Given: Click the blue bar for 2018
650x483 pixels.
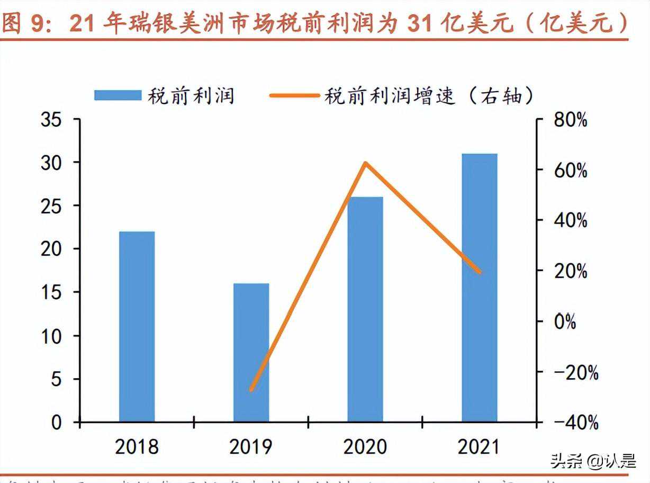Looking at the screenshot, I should point(137,326).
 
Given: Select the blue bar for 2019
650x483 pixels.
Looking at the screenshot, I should point(251,352).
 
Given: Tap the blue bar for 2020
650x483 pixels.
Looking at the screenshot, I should point(365,309).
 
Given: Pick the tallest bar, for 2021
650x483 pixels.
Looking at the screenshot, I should point(480,288).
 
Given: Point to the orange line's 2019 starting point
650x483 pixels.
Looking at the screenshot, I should point(251,390).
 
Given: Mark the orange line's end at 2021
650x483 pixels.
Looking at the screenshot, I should point(480,272).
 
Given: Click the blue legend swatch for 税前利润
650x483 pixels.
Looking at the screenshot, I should point(118,95).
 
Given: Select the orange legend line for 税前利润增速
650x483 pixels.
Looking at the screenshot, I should point(294,95).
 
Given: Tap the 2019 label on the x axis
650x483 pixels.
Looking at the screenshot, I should point(251,447).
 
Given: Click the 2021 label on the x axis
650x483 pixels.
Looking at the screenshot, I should point(479,447).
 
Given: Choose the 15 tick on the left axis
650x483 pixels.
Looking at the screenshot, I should point(52,292).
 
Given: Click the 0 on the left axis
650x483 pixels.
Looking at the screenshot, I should point(57,423).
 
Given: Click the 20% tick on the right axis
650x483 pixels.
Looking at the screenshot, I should point(570,271).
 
